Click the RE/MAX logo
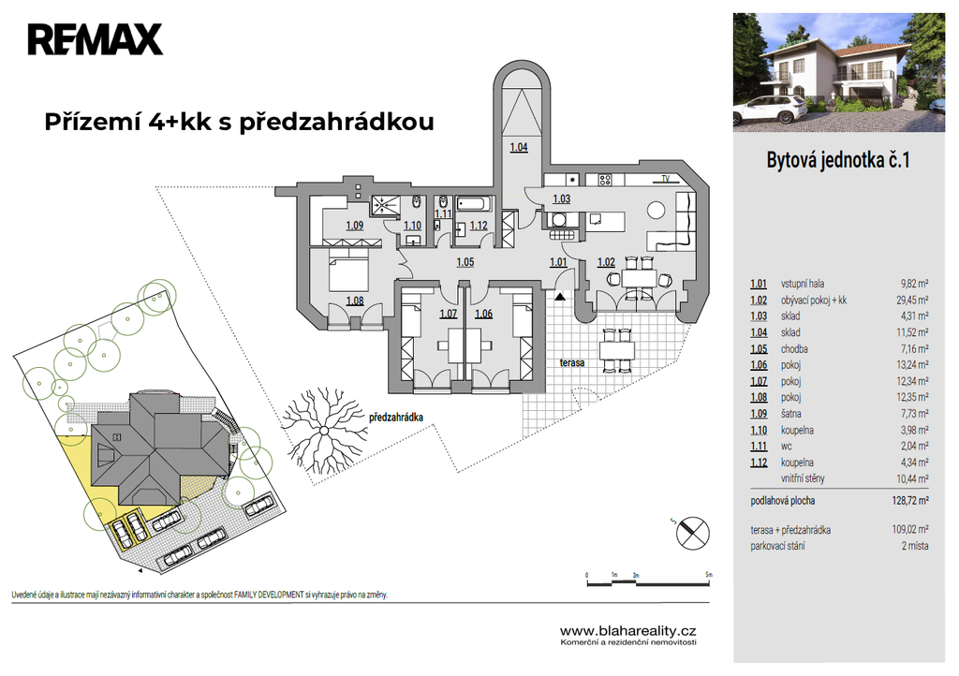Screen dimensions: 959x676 coord(95,39)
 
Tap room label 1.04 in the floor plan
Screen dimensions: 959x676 coord(519,147)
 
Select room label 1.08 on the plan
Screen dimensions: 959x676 coord(355,301)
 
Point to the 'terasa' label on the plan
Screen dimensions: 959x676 coord(572,362)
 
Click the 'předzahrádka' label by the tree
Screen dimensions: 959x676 coord(396,418)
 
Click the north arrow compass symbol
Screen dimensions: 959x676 coord(692,532)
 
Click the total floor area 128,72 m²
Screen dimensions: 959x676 coord(910,501)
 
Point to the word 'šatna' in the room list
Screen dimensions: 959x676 coord(790,414)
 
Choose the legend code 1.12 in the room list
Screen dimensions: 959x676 coord(759,463)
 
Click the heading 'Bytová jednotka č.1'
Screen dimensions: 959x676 coord(838,160)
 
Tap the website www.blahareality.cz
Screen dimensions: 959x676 coord(628,631)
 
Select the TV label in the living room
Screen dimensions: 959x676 coord(666,179)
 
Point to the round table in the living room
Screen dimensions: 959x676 coord(657,211)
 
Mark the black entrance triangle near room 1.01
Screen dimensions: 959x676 coord(559,297)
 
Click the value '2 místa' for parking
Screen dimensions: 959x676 coord(915,546)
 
